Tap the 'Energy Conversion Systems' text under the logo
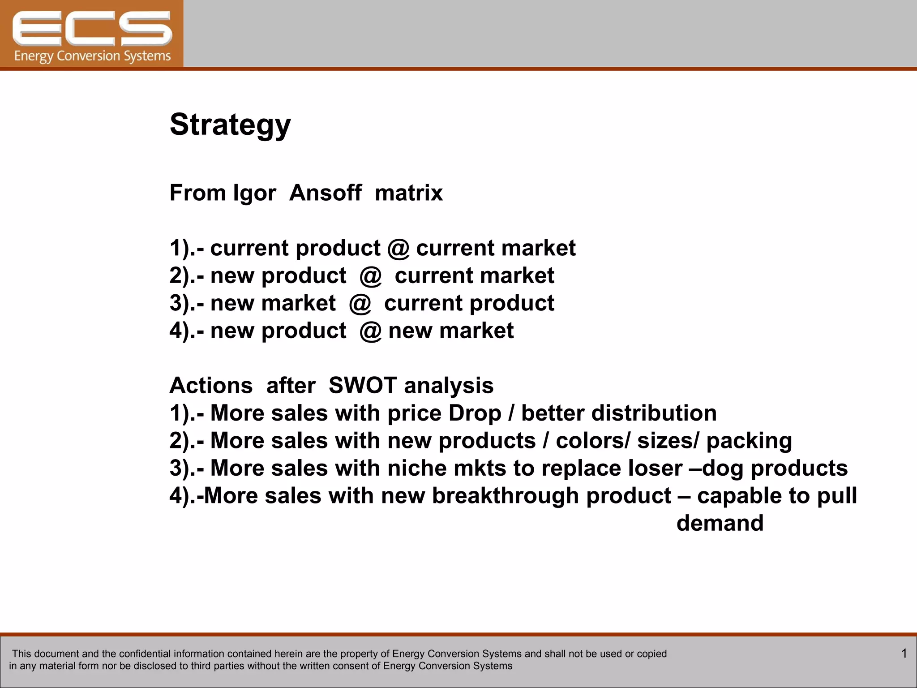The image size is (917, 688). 92,56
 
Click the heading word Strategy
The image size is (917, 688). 230,125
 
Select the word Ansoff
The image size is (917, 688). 326,193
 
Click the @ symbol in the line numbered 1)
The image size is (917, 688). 398,249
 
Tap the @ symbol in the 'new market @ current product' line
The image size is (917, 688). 360,304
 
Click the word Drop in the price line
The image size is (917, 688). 475,413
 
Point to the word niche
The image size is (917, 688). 417,468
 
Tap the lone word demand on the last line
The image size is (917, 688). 720,523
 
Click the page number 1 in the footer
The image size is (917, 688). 904,654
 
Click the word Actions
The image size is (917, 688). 211,386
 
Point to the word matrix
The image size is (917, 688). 408,193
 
